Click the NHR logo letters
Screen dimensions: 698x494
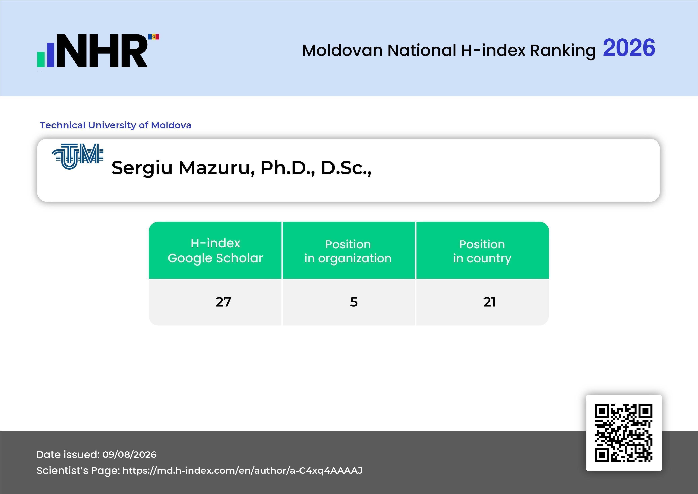(102, 51)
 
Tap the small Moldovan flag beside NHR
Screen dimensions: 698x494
(154, 37)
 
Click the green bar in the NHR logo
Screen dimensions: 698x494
(41, 59)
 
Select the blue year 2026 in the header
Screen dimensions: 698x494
(629, 48)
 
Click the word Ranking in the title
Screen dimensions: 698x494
(563, 51)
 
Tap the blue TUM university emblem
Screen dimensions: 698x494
(78, 156)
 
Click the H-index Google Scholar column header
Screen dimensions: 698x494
(215, 250)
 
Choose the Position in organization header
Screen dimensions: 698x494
(348, 251)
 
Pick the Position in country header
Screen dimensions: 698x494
(482, 251)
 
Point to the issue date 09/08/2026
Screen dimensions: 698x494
(129, 454)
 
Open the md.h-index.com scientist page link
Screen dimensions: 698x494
(242, 471)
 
